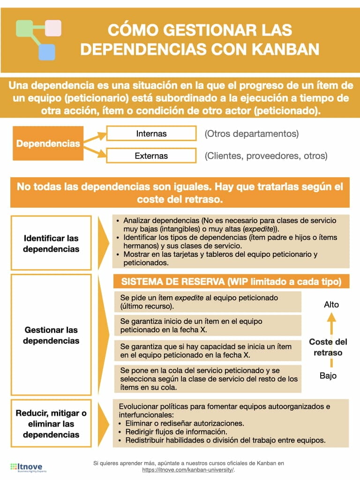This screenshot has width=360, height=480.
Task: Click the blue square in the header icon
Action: tap(46, 52)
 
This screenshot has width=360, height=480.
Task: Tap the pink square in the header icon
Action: tap(53, 28)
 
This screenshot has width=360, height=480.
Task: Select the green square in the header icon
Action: tap(24, 28)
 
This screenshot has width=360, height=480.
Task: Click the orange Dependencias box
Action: tap(48, 143)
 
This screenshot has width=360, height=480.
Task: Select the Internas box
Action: tap(151, 134)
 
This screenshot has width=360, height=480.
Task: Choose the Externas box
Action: tap(151, 156)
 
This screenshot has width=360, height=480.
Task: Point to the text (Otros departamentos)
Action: tap(251, 134)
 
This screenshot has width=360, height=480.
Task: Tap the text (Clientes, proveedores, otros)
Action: tap(266, 156)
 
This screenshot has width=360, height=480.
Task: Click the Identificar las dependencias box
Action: tap(51, 243)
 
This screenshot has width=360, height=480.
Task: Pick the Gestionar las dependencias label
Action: tap(51, 335)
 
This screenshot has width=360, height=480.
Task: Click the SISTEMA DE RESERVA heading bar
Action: tap(231, 282)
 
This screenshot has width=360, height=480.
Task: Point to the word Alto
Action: tap(331, 305)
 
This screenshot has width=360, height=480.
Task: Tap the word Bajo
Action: tap(328, 375)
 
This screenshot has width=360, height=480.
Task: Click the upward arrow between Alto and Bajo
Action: tap(331, 328)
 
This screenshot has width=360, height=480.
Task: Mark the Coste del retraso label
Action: tap(328, 347)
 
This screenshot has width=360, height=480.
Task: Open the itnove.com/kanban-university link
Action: tap(187, 470)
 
